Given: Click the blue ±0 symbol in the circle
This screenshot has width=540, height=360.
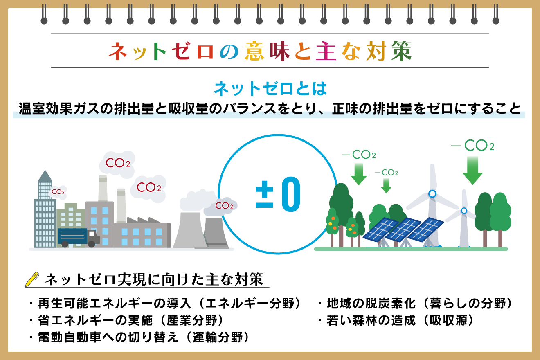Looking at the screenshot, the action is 278,194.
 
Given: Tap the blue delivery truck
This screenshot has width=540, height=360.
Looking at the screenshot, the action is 79,238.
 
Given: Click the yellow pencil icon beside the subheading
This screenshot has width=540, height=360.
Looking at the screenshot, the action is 32,279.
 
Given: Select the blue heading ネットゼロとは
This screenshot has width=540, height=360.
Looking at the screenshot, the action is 270,89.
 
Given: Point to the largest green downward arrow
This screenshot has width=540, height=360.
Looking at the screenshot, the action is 473,171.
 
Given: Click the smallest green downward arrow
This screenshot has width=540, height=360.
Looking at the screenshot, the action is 386,186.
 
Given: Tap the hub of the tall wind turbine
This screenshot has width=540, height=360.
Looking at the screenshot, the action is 432,193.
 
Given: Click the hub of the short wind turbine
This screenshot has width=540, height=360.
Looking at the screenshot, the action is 464,211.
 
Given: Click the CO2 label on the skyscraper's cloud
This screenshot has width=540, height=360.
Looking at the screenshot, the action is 58,192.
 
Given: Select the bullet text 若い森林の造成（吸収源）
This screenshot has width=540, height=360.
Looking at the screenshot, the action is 400,320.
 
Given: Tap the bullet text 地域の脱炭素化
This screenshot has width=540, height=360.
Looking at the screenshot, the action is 371,304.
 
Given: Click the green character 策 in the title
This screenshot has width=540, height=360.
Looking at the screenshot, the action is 401,51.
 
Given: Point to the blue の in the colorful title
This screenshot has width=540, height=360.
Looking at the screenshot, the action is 229,52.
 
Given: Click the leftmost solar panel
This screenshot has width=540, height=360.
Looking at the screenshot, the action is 380,229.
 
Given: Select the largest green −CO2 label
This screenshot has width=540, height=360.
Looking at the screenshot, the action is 473,145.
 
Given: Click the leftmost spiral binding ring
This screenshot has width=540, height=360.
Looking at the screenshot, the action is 44,14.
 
